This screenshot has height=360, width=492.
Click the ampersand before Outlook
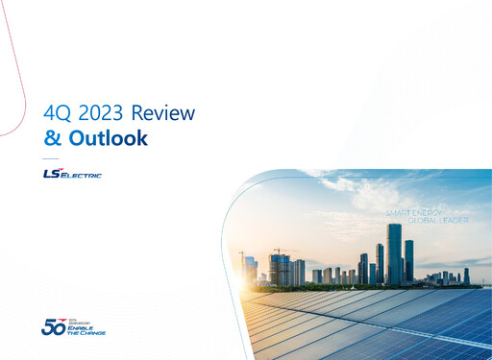coord(53,138)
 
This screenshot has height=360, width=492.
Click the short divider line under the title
coord(51,157)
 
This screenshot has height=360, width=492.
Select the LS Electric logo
coord(72,174)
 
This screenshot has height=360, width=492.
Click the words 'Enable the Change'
coord(86,331)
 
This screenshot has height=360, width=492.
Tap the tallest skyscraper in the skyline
coord(394,253)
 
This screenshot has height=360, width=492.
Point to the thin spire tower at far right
coord(467,276)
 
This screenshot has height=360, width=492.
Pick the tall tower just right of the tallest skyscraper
coord(409,260)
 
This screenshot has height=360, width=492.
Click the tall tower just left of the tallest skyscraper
coord(380,262)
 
